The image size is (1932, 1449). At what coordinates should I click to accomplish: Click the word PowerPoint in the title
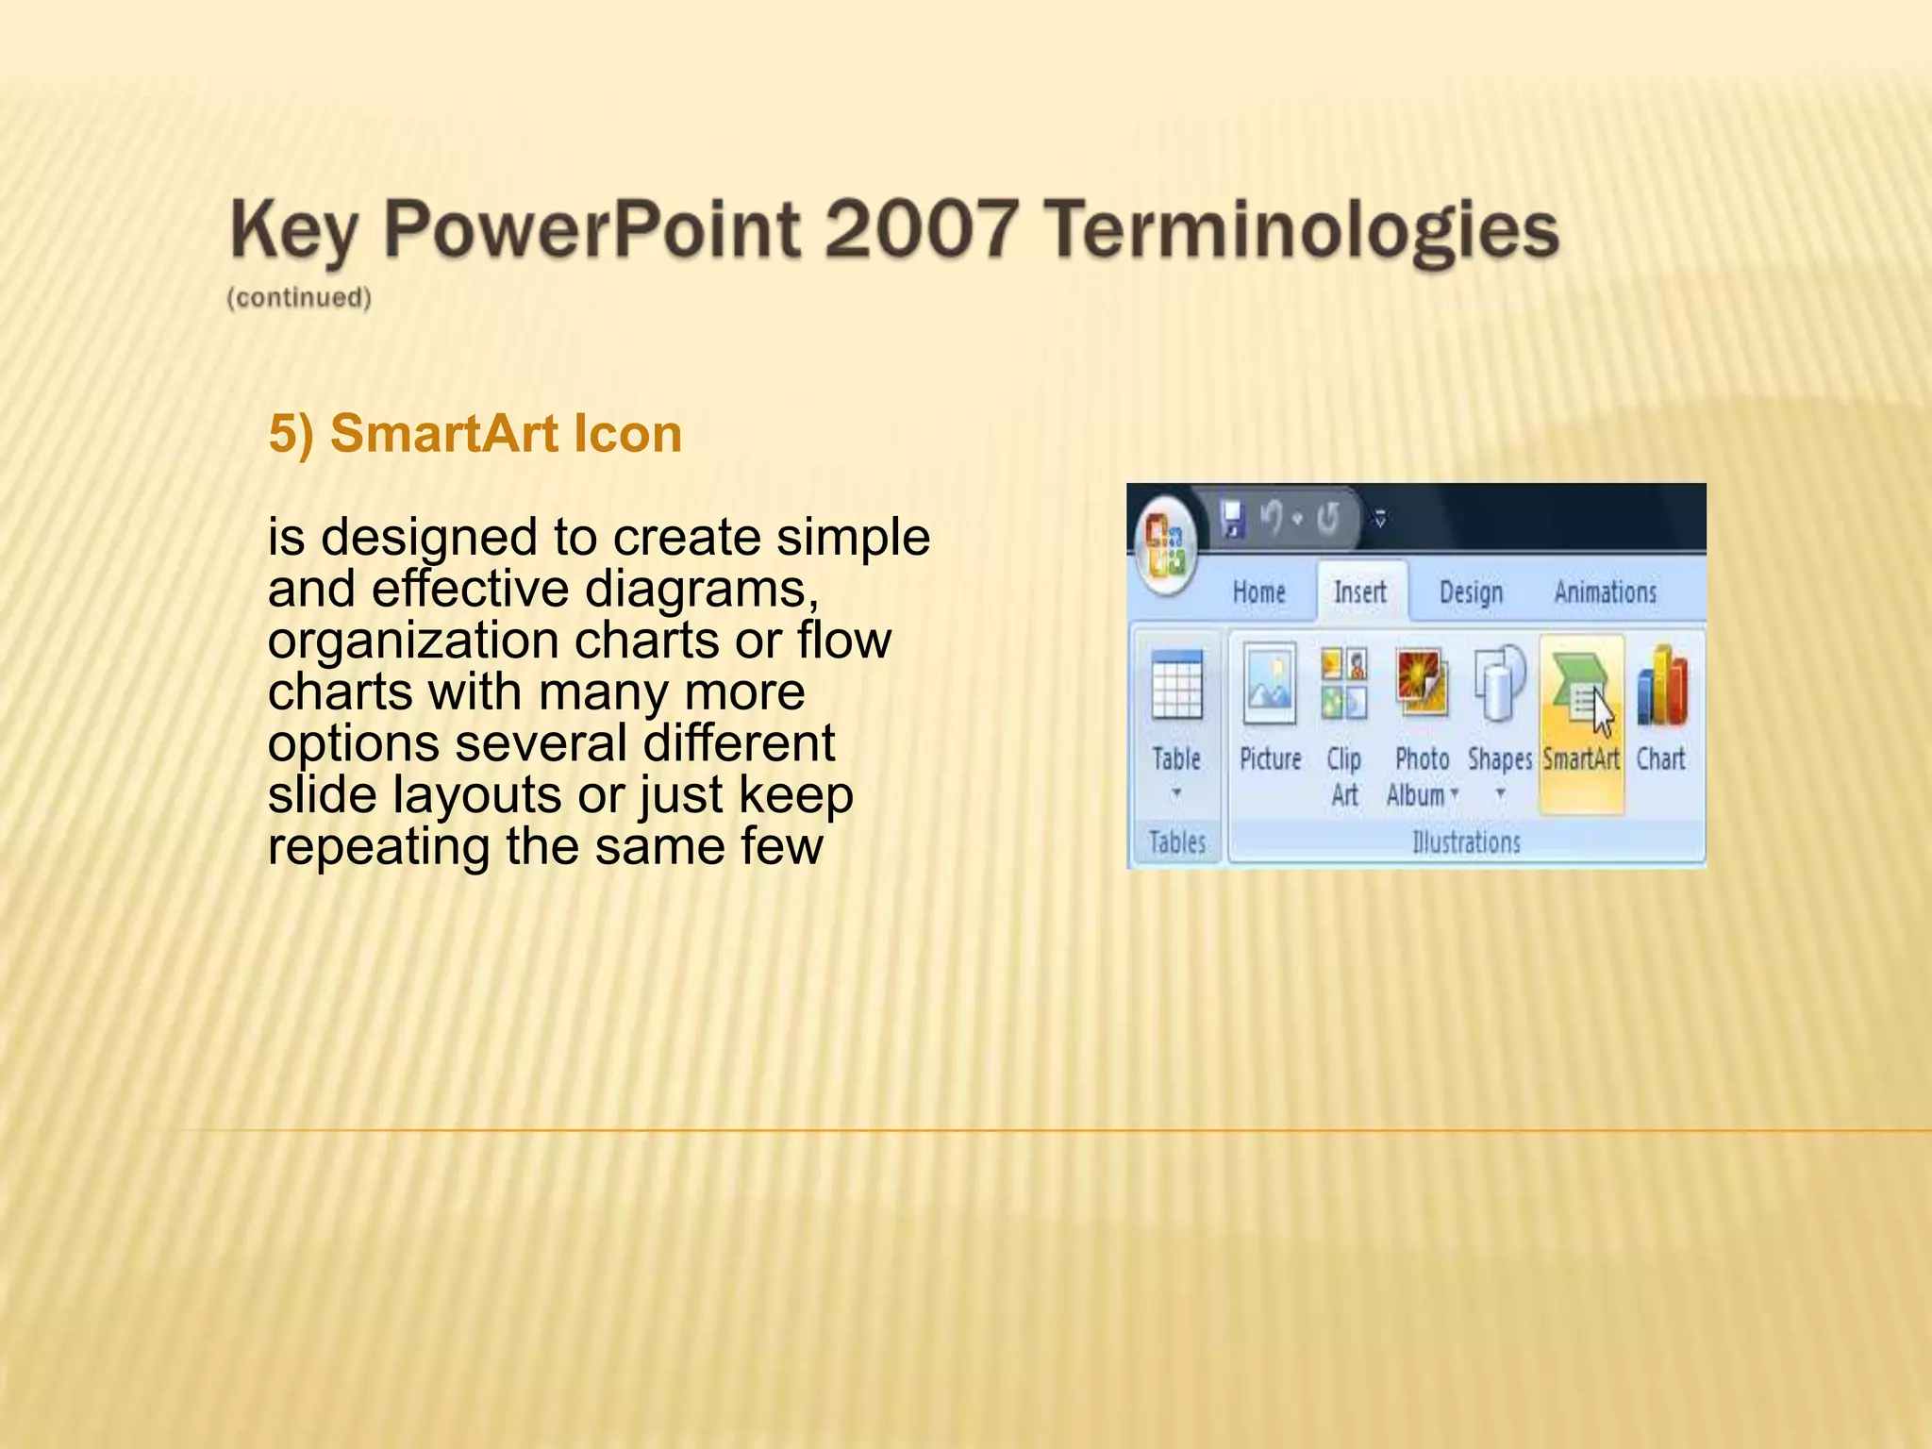click(x=592, y=229)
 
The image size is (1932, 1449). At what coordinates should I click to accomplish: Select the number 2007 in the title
click(x=922, y=229)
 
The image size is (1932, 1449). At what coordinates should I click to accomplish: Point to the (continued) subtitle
click(x=299, y=298)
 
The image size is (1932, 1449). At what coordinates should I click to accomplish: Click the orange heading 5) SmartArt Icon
click(x=475, y=434)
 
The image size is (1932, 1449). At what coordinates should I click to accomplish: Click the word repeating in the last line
click(x=378, y=846)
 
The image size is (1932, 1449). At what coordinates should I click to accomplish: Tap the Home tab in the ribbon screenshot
click(x=1258, y=592)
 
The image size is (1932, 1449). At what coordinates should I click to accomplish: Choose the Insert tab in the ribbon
click(x=1359, y=592)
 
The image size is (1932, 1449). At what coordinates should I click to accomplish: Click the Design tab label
click(x=1471, y=592)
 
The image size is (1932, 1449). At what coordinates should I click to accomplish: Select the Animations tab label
click(x=1605, y=592)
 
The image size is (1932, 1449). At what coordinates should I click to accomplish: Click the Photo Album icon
click(x=1421, y=683)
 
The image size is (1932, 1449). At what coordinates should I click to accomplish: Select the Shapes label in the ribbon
click(x=1499, y=759)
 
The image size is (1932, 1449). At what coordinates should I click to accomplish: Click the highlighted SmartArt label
click(x=1581, y=759)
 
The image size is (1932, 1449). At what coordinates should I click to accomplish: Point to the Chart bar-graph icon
click(x=1662, y=686)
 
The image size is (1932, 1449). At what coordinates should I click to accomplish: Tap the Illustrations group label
click(x=1466, y=841)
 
